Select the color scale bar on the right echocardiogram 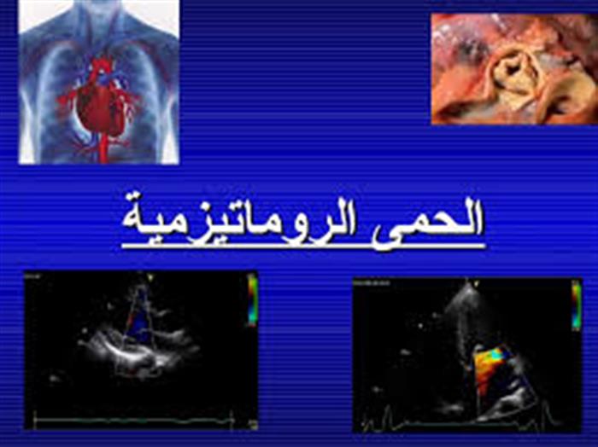click(577, 305)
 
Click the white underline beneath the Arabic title click(303, 247)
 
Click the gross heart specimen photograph click(514, 68)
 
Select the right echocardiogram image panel click(468, 356)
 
